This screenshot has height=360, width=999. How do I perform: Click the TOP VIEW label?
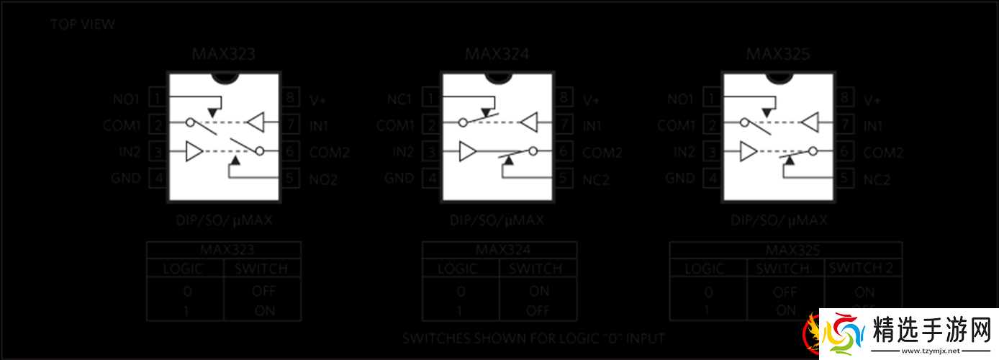[83, 24]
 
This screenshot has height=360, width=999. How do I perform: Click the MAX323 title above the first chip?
[223, 55]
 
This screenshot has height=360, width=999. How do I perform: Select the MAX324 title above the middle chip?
[497, 55]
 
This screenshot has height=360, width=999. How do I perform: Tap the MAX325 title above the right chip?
[778, 55]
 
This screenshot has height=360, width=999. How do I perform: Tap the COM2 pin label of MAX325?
[883, 153]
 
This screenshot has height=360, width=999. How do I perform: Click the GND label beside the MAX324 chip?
[399, 178]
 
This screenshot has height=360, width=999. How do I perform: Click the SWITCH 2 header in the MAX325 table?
[862, 268]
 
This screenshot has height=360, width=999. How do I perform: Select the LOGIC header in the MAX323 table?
[184, 269]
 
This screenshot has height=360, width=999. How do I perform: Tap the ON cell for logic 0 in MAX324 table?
[539, 292]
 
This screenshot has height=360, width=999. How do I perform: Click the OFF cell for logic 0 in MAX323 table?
[263, 292]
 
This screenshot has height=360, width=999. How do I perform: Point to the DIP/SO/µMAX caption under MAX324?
[497, 220]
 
